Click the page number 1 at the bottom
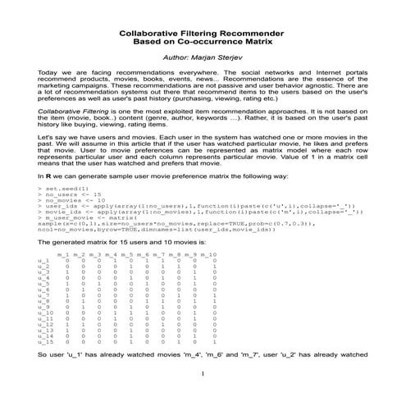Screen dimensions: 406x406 (201, 397)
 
